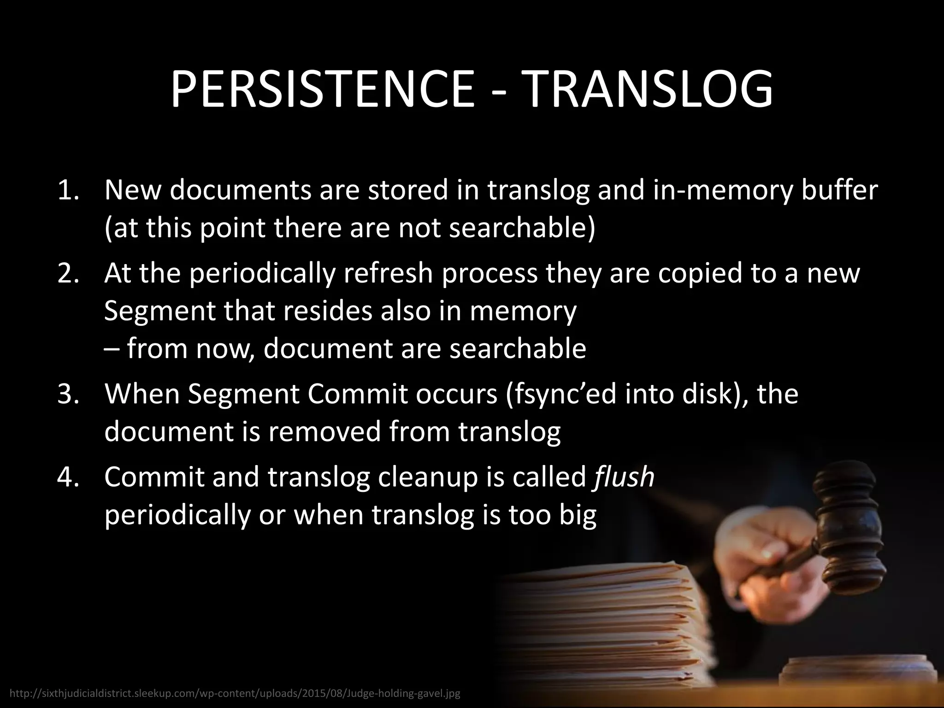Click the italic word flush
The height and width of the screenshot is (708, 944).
coord(623,477)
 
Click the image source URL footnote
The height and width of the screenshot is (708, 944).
coord(235,693)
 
